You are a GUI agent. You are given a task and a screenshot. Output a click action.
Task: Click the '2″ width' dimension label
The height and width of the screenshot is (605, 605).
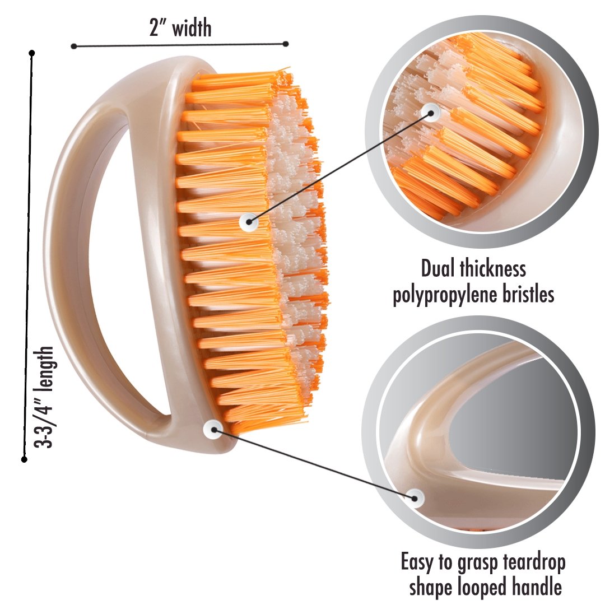point(180,27)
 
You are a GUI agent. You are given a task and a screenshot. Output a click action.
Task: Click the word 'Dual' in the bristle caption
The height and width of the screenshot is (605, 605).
point(440,269)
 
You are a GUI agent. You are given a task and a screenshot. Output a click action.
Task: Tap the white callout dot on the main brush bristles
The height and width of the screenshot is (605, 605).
point(248,222)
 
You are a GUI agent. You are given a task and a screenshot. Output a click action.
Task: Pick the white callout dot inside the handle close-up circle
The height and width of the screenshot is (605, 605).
point(415,496)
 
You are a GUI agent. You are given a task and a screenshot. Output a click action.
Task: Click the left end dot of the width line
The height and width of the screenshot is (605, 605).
point(73,46)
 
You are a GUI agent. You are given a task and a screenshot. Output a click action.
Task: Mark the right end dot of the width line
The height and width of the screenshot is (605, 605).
point(286,44)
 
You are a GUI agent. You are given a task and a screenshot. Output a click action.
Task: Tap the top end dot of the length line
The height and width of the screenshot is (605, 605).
point(32,53)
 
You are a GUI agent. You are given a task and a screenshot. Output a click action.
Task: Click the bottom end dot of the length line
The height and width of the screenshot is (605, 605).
point(24,459)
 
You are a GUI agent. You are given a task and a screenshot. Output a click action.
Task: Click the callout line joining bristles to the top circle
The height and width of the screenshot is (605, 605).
point(336,168)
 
